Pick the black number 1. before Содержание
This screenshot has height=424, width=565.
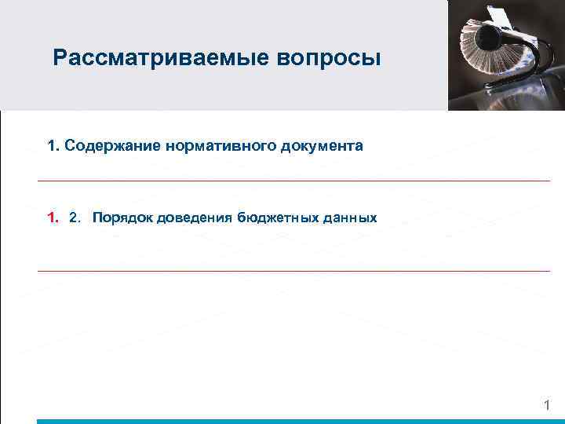click(53, 146)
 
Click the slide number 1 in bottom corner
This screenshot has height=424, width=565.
click(547, 405)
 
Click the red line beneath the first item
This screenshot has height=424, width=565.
click(294, 181)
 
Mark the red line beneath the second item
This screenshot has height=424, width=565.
click(294, 271)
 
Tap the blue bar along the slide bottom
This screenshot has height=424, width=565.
click(298, 421)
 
